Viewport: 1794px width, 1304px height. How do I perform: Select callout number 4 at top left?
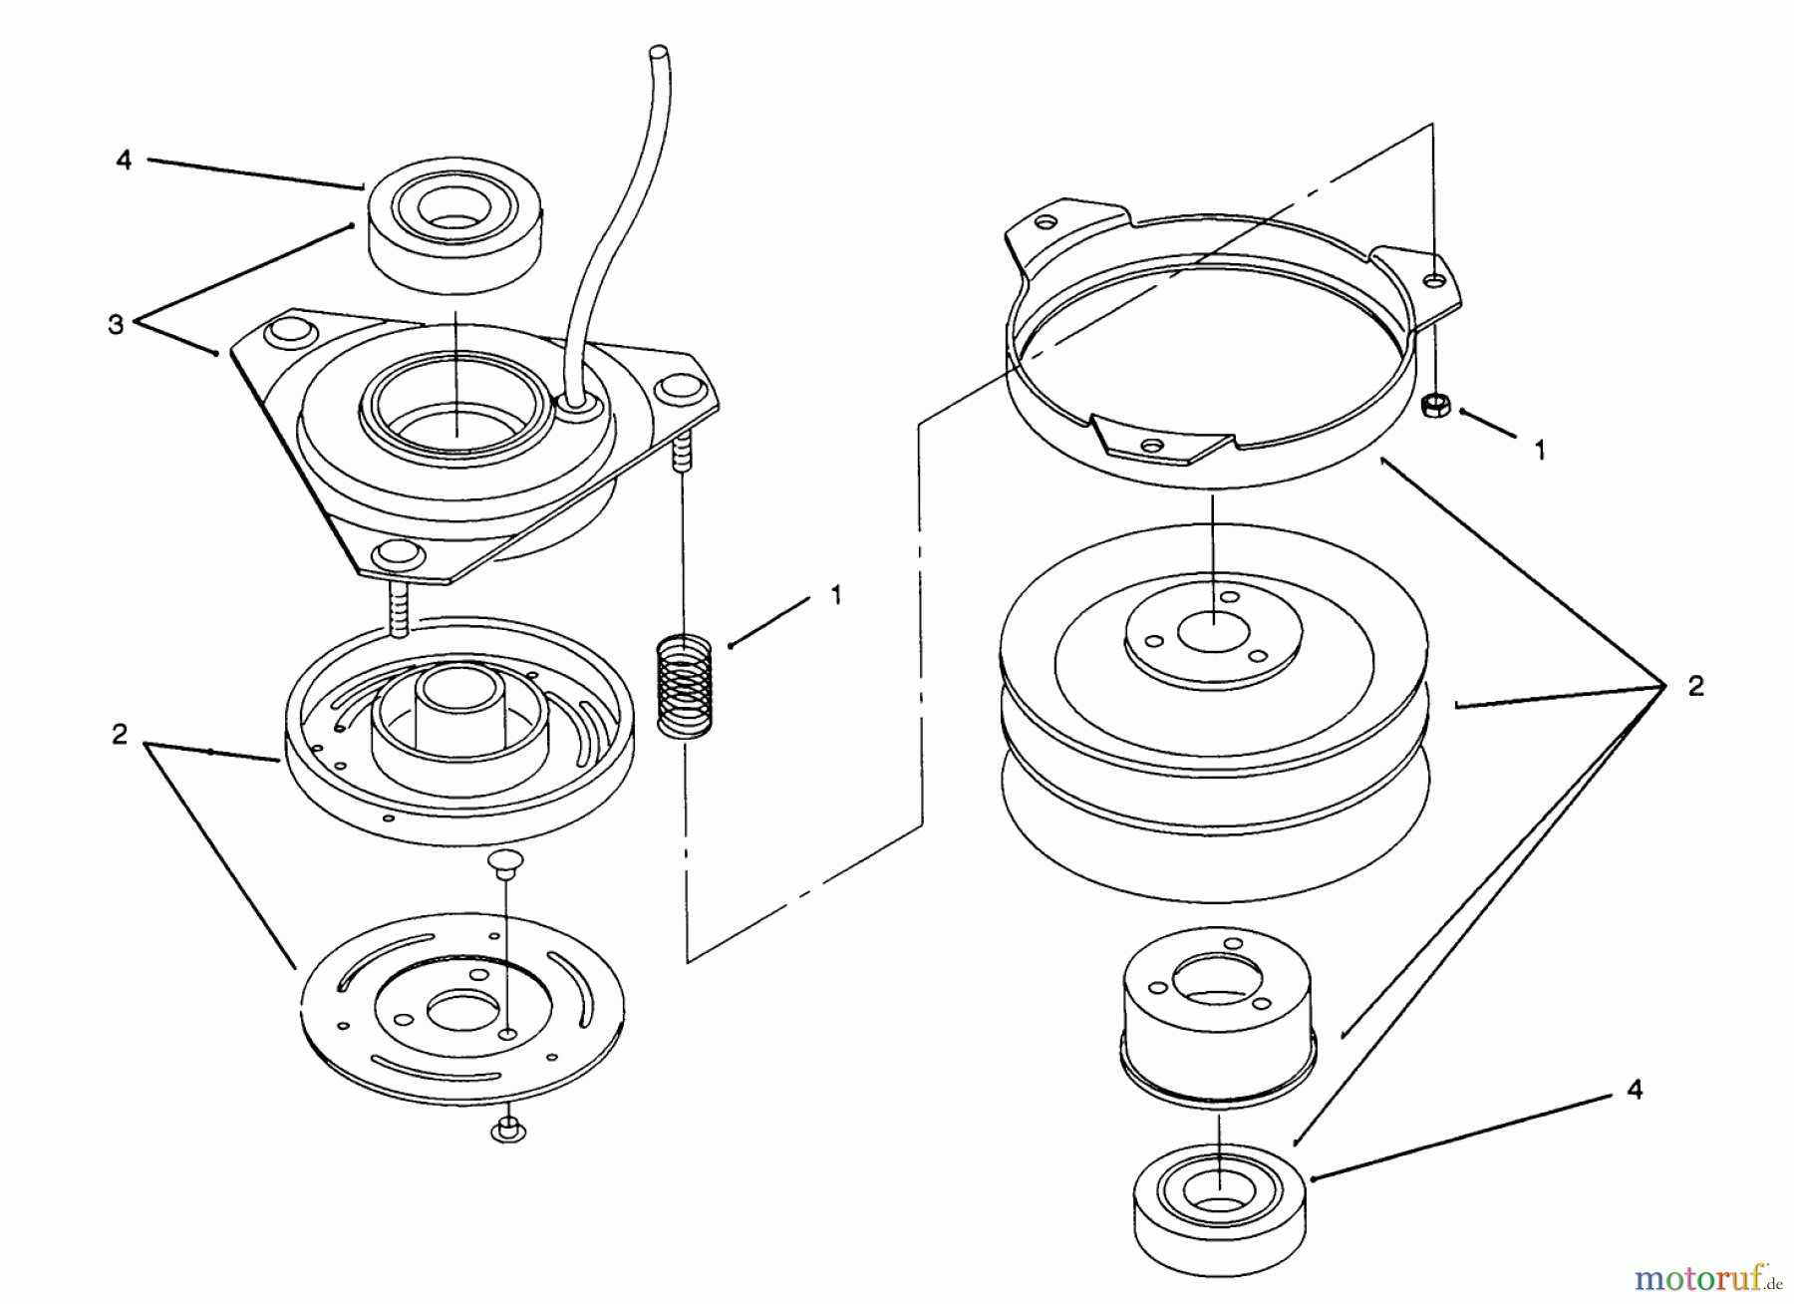click(x=124, y=161)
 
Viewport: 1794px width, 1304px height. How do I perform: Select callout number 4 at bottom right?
click(x=1635, y=1090)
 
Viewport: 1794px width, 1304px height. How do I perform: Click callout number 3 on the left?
click(x=117, y=325)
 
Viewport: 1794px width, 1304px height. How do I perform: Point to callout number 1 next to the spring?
click(x=835, y=595)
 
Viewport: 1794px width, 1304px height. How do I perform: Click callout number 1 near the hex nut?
click(x=1540, y=451)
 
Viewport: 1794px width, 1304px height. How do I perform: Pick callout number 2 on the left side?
click(x=121, y=736)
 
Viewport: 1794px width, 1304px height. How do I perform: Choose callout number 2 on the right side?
click(x=1695, y=686)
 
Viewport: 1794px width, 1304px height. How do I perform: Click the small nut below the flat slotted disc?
click(x=508, y=1130)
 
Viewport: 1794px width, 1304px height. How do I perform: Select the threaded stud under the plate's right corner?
click(x=683, y=450)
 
